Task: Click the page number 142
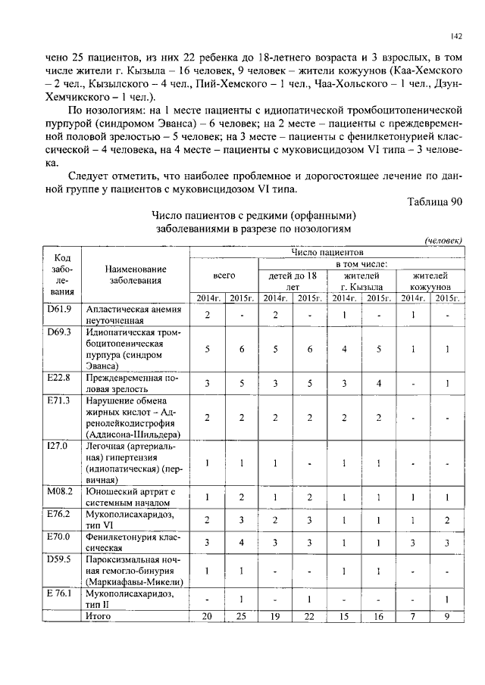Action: (456, 36)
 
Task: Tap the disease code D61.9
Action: (59, 309)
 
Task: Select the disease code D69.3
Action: (59, 332)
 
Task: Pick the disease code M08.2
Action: (59, 491)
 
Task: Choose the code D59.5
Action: (59, 559)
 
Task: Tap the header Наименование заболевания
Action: (136, 274)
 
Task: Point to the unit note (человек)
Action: (443, 240)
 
